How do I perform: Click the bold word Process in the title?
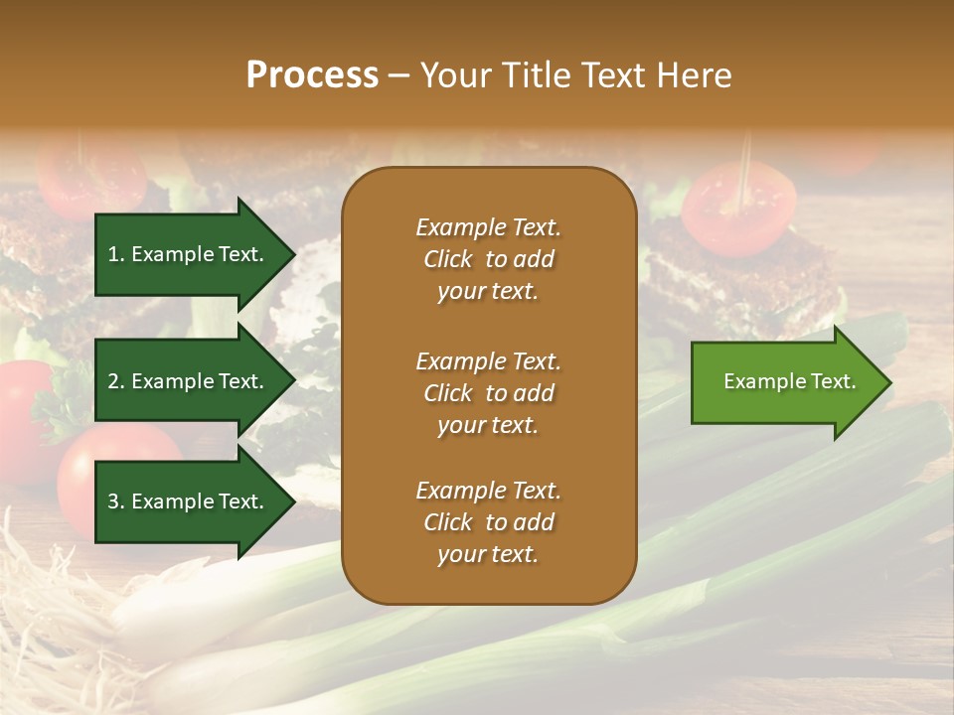point(312,75)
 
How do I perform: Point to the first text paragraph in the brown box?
point(488,259)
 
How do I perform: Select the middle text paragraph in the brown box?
point(488,392)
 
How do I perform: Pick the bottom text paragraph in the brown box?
point(488,522)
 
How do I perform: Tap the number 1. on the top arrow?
point(116,254)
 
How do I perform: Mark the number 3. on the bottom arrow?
point(116,501)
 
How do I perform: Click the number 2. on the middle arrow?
point(116,381)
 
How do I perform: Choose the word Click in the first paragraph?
point(448,259)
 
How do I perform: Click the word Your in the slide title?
point(455,75)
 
